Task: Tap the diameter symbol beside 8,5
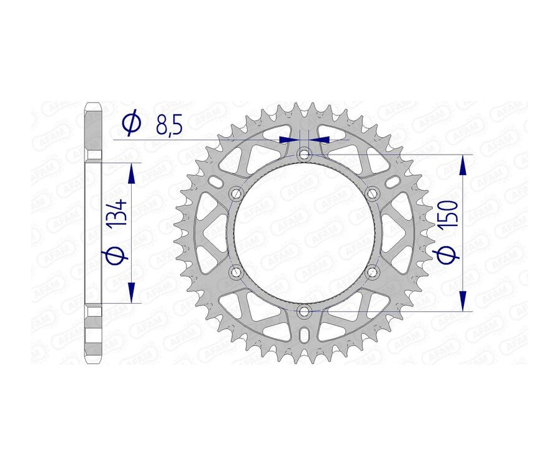(132, 124)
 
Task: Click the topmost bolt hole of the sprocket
(304, 154)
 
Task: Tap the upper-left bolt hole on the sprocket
(236, 193)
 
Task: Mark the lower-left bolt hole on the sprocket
(236, 271)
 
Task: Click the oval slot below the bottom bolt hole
(304, 335)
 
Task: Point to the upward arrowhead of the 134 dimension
(131, 174)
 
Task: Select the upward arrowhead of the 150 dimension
(463, 165)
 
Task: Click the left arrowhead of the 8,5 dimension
(289, 140)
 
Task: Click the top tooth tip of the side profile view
(93, 103)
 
